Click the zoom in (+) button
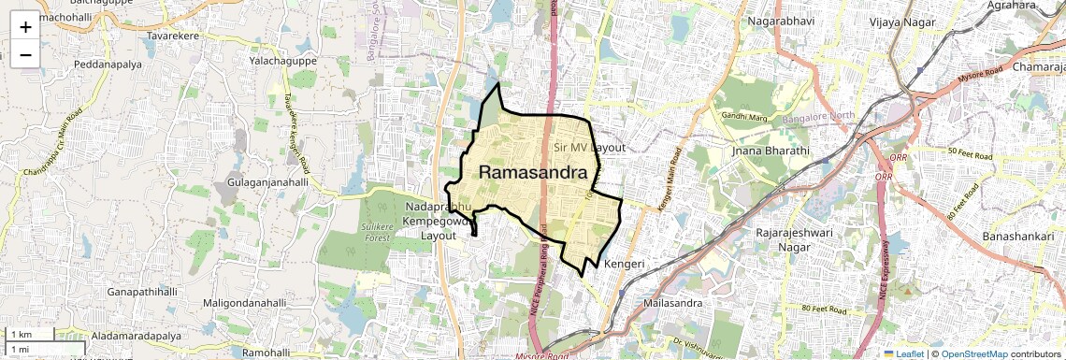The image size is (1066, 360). click(25, 27)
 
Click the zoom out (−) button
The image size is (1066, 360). click(25, 55)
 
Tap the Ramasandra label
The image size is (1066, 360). click(539, 173)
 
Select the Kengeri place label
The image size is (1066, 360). click(626, 265)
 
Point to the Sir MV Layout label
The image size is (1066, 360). click(589, 148)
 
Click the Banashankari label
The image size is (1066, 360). click(1018, 237)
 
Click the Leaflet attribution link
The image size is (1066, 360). click(903, 353)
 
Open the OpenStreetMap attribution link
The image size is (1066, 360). click(974, 353)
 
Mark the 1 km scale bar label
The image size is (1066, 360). click(21, 334)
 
